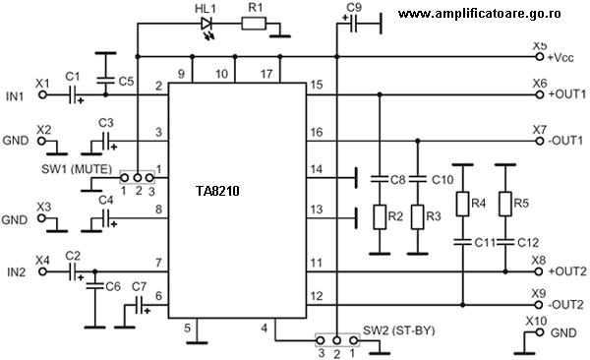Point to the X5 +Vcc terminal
click(x=539, y=57)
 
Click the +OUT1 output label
click(x=565, y=95)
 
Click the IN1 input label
click(x=13, y=95)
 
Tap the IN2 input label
click(x=13, y=272)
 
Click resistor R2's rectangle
click(x=379, y=215)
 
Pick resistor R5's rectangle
click(x=504, y=205)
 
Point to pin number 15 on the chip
click(x=316, y=86)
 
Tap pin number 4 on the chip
click(x=264, y=327)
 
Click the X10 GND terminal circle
click(x=539, y=333)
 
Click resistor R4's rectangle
click(x=460, y=205)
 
